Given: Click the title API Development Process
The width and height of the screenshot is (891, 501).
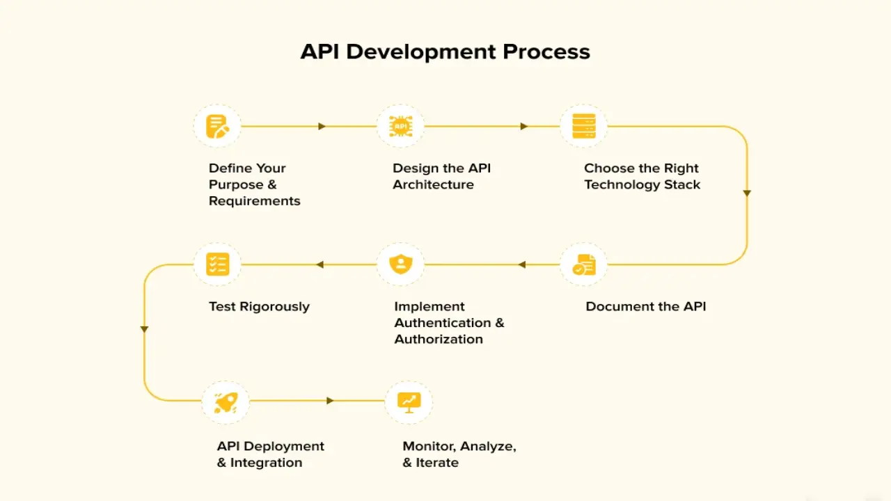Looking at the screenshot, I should pos(445,52).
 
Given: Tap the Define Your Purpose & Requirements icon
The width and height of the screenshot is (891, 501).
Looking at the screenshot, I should pos(217,127).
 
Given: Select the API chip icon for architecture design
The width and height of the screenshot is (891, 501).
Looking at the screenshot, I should pos(400,127).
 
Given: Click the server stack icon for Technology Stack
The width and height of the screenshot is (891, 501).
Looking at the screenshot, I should pos(583,127).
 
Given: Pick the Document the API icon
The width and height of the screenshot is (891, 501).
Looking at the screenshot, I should pos(583,264).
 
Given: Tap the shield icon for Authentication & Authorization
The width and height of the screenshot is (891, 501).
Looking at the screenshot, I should pos(400,264).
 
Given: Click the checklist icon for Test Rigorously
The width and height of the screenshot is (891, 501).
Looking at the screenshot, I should pos(217,264).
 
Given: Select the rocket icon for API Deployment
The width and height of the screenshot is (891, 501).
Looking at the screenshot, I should pos(226,401).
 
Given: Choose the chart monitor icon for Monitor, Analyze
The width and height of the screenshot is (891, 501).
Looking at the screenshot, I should pos(409,401).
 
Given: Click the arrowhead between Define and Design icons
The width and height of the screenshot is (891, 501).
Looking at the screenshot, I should pos(322,127).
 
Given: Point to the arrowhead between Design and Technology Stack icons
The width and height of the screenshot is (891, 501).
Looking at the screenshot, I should pos(524,127).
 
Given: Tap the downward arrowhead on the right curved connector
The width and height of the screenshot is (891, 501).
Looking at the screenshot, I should pos(747,193).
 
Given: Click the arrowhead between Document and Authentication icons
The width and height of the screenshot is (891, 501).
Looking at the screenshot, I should pos(522,264).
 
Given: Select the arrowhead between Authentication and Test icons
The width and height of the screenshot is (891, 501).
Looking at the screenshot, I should pos(320,264).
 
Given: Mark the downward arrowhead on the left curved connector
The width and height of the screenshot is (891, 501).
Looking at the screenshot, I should pos(144,329).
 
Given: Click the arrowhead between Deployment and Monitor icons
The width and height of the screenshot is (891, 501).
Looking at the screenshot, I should pos(330,401).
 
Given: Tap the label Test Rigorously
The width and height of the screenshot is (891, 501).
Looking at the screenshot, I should pos(259,307).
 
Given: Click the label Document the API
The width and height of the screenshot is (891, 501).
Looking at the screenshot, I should pos(645,307).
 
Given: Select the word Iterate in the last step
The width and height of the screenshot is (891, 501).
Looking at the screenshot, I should pos(437,463).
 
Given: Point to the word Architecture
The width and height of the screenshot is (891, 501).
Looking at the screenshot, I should pos(433,185).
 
